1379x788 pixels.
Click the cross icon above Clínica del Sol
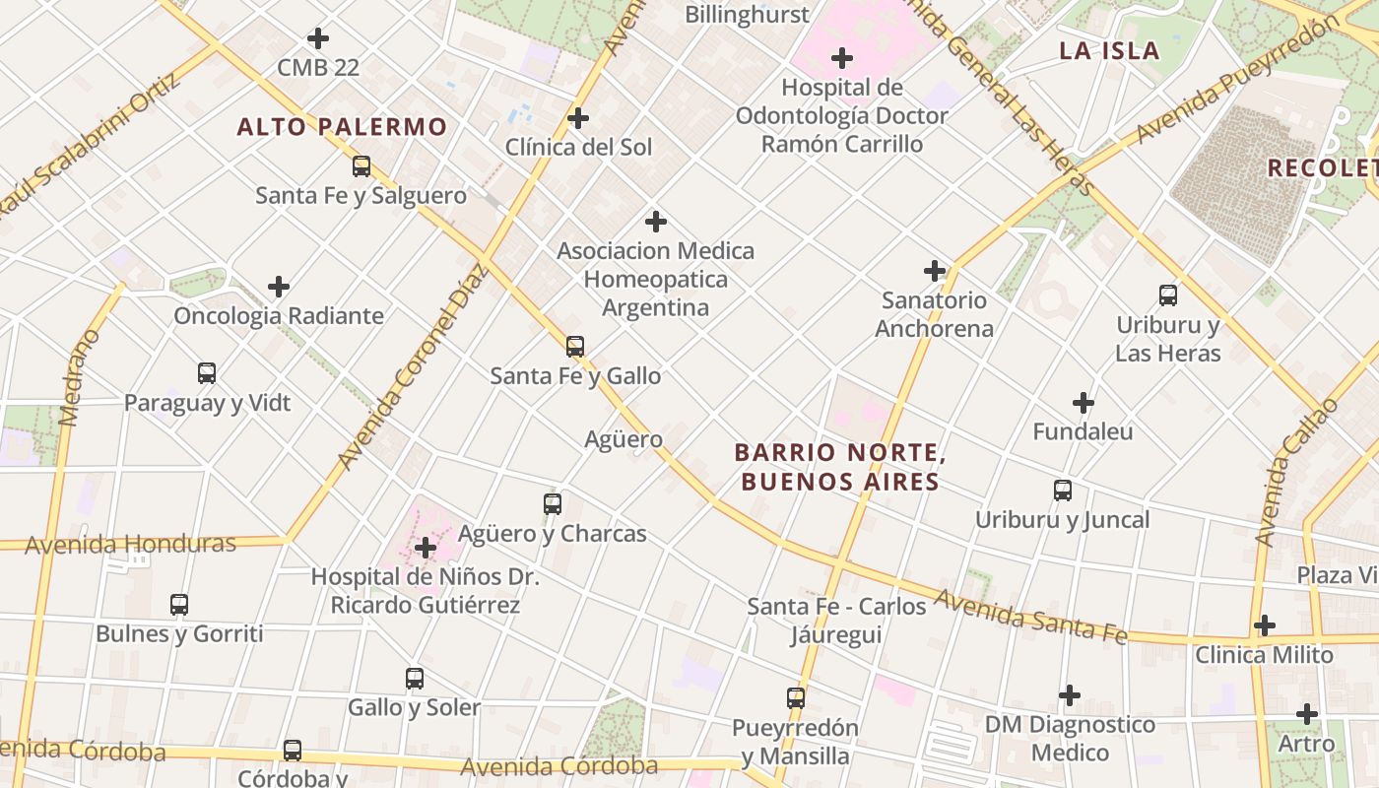click(578, 119)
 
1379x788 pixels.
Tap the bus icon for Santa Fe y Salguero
click(361, 166)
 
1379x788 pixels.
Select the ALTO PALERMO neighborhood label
click(342, 127)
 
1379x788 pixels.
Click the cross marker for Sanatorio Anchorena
click(935, 271)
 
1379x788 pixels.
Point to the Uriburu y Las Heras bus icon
click(1168, 295)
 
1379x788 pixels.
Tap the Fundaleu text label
click(1083, 431)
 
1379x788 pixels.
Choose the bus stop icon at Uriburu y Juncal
click(1063, 491)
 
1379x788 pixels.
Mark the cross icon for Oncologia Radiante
click(279, 288)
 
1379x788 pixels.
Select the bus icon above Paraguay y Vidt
click(207, 373)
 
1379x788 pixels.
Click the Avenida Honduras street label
click(130, 544)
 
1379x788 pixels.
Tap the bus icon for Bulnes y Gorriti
click(179, 605)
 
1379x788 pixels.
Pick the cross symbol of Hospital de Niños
click(426, 548)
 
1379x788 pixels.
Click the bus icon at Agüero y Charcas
click(553, 504)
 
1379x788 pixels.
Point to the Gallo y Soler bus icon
click(415, 679)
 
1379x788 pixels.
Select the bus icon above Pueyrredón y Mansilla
click(796, 698)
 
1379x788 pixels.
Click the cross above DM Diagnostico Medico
click(1070, 696)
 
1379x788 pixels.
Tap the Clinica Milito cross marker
click(1265, 625)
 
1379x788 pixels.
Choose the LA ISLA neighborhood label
click(1109, 51)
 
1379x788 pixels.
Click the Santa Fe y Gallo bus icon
click(575, 347)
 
